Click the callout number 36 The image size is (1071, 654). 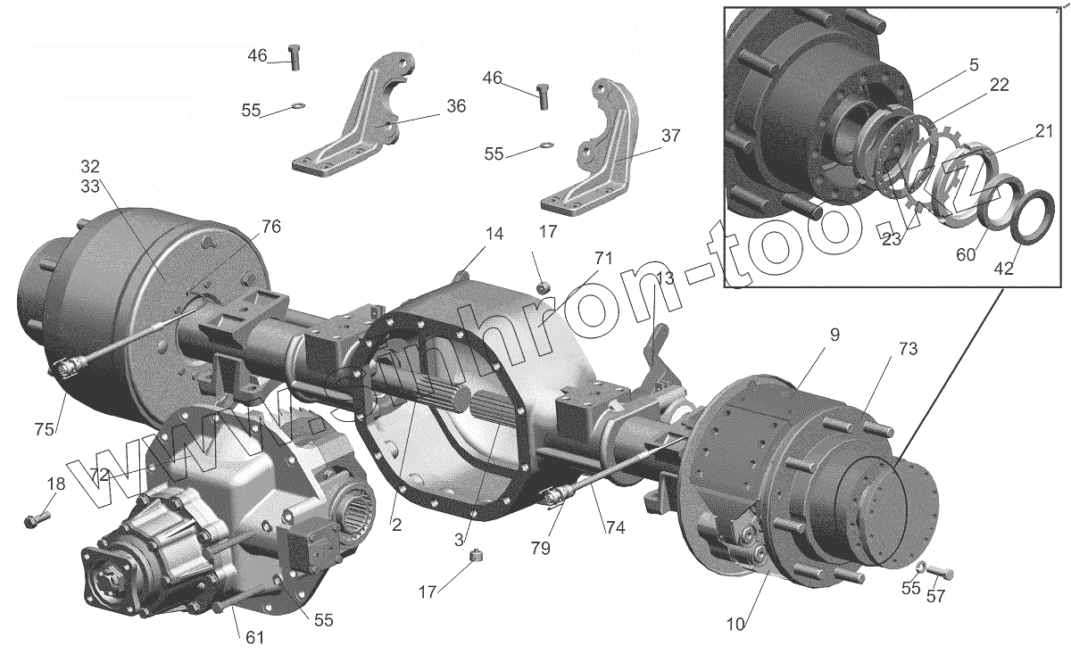coord(455,106)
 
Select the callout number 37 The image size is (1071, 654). coord(670,137)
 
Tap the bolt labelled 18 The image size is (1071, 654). coord(34,518)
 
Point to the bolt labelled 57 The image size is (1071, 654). coord(939,572)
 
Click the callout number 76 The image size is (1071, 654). coord(270,227)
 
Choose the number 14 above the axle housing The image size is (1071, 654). coord(494,235)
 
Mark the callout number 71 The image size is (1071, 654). coord(604,259)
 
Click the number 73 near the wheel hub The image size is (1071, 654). coord(883,348)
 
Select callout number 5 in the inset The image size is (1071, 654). coord(973,65)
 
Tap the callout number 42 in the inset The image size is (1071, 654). coord(1003,268)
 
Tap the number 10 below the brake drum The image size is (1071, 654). coord(734,623)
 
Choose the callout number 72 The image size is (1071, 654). coord(98,475)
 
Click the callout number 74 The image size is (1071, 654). coord(614,527)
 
